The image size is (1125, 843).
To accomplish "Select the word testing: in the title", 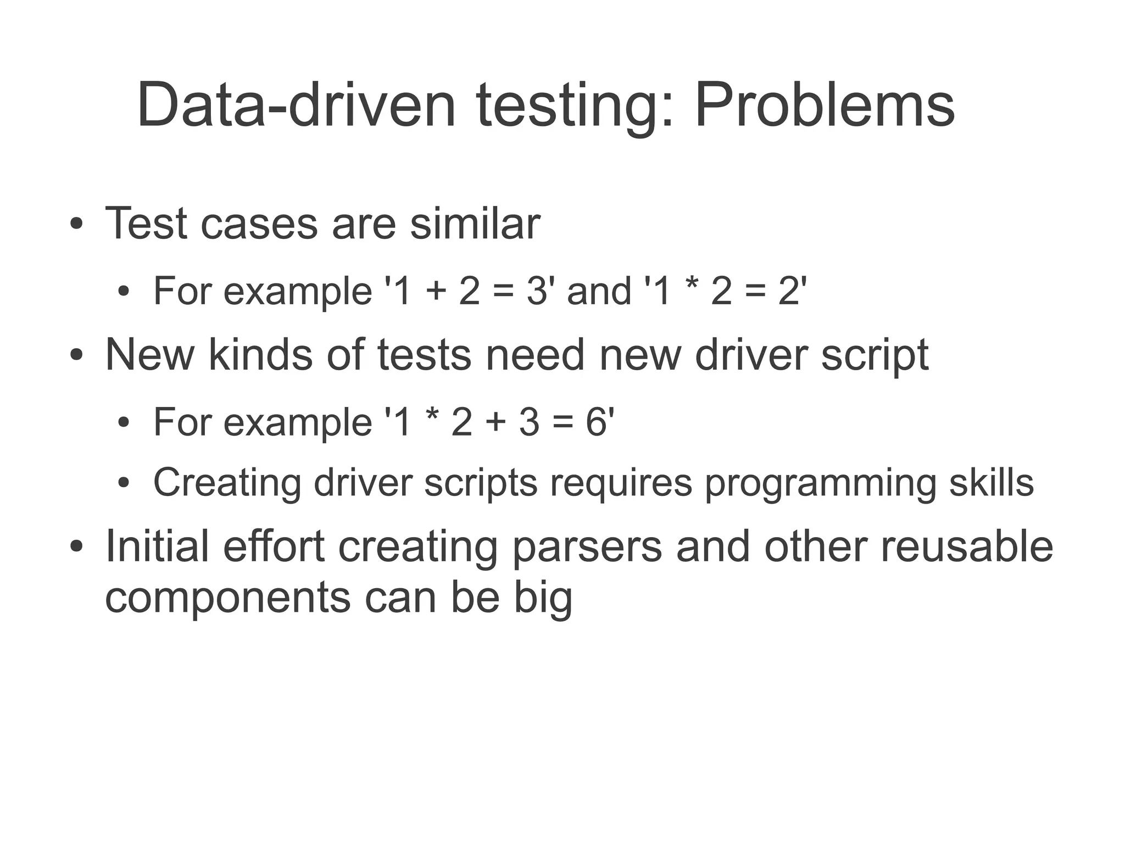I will coord(574,105).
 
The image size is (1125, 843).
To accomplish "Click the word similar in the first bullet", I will coord(475,224).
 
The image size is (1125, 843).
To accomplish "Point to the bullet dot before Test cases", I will coord(76,225).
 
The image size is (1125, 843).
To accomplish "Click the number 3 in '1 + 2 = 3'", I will coord(536,291).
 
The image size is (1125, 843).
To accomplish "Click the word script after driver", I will coord(875,356).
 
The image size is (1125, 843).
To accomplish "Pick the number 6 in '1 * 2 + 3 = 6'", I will coord(595,422).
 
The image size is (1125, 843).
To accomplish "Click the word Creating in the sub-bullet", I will coord(227,482).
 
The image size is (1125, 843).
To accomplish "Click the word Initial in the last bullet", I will coord(157,546).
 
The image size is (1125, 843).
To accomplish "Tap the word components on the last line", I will coord(227,599).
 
